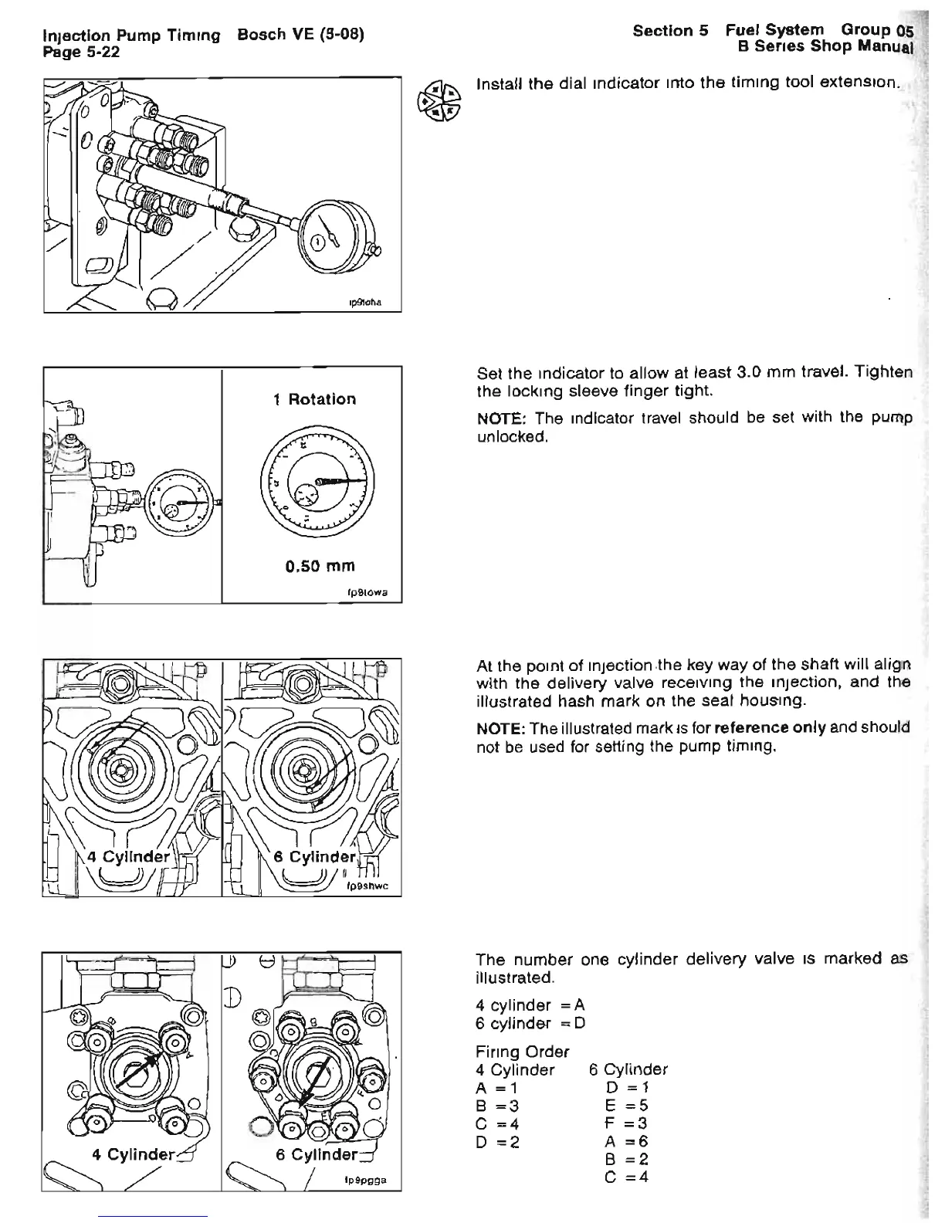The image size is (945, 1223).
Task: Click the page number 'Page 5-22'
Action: click(x=81, y=51)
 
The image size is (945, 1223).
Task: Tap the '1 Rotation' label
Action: click(x=314, y=399)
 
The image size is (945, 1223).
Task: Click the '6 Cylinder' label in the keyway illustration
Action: click(x=314, y=856)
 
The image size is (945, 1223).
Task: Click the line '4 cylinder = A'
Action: click(x=530, y=1005)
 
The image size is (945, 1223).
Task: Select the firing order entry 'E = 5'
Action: click(x=627, y=1106)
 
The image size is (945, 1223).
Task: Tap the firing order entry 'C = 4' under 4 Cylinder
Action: click(x=498, y=1123)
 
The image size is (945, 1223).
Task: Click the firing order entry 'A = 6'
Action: click(x=627, y=1141)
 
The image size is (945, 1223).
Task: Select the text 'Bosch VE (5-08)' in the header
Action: click(x=300, y=36)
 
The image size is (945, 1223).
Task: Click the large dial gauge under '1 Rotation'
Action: click(x=317, y=485)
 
